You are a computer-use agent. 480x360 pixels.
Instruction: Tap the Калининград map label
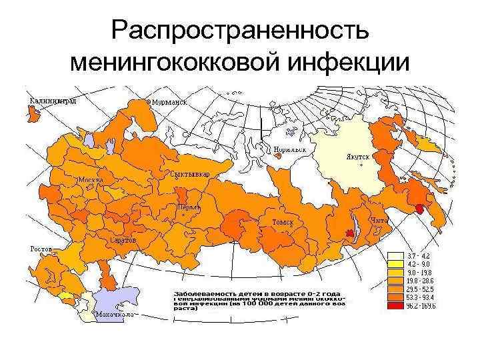coord(53,101)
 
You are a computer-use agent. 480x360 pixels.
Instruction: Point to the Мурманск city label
coord(167,103)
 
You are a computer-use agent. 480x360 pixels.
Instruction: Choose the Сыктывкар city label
coord(191,174)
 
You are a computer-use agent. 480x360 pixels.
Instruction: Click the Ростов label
coord(41,249)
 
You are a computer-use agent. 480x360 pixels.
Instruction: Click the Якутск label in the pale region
coord(357,157)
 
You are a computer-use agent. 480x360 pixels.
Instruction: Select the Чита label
coord(378,220)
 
